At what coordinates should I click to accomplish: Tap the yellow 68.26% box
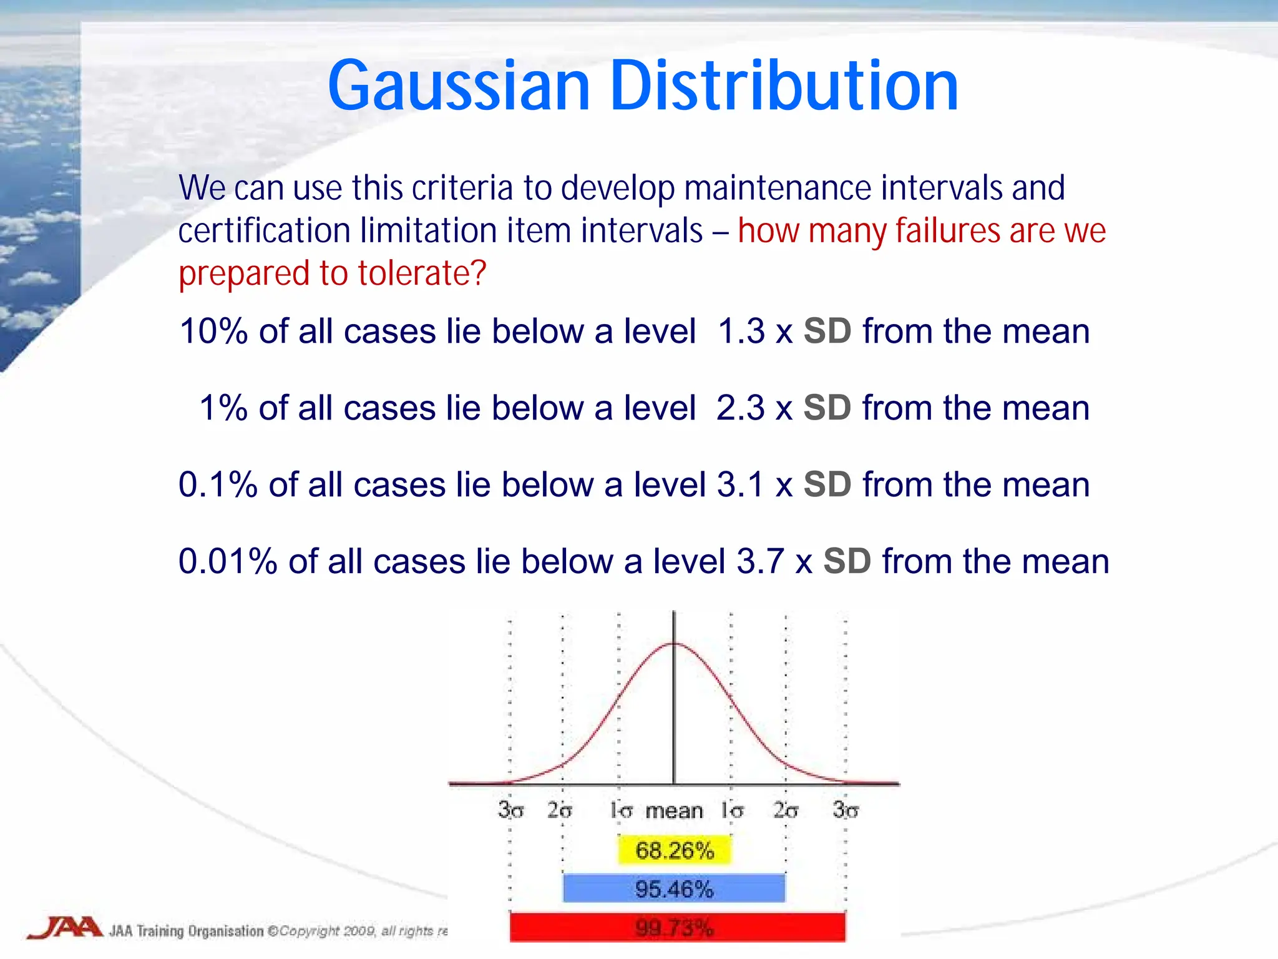tap(674, 850)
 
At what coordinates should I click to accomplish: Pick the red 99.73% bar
tap(677, 928)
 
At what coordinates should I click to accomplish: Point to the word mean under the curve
tap(674, 810)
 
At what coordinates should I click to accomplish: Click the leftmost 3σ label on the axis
tap(510, 810)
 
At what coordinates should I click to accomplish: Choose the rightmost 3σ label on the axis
tap(846, 810)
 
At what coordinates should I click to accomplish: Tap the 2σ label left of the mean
tap(559, 810)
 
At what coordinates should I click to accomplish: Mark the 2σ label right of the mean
tap(786, 810)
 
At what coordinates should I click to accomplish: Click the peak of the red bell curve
tap(674, 644)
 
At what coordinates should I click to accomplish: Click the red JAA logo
tap(65, 927)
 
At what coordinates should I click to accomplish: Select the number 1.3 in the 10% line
tap(741, 331)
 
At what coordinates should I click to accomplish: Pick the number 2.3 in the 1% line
tap(740, 408)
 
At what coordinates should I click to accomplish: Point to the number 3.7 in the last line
tap(760, 561)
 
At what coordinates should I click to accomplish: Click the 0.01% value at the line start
tap(228, 561)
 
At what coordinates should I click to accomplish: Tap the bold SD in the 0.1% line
tap(827, 484)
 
